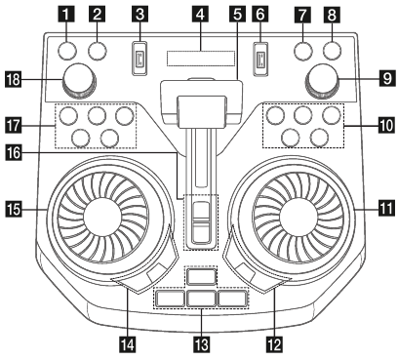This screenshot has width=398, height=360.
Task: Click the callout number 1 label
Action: coord(66,15)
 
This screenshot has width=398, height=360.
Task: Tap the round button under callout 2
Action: coord(98,51)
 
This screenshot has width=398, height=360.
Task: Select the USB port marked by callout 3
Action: coord(139,58)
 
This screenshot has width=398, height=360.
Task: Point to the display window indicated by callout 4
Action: coord(201,59)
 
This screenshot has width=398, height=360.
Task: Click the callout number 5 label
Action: coord(238,15)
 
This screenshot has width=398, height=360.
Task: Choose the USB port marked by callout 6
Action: coord(260,58)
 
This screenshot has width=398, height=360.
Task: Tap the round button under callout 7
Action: coord(303,51)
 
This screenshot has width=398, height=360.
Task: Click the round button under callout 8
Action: coord(333,51)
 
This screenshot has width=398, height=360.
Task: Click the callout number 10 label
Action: coord(386,125)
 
